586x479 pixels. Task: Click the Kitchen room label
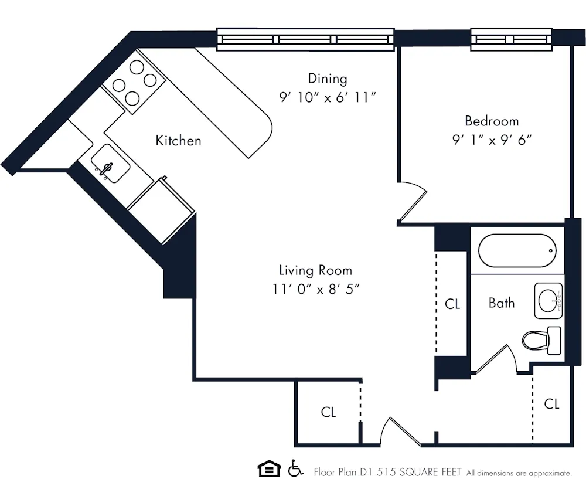[x=178, y=141]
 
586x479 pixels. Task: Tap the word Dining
[x=328, y=79]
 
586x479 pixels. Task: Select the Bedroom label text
[x=492, y=121]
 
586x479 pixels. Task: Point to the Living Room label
[x=315, y=270]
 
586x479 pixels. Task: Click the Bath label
[x=502, y=303]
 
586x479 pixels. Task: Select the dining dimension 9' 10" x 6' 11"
[x=328, y=97]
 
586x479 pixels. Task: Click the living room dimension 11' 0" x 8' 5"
[x=315, y=288]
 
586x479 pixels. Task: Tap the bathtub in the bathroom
[x=516, y=250]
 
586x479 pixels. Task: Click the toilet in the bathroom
[x=540, y=340]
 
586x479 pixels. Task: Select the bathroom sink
[x=548, y=300]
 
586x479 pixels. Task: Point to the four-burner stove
[x=134, y=83]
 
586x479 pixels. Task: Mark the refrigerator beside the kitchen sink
[x=160, y=202]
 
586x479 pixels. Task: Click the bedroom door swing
[x=414, y=202]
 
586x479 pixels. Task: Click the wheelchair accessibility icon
[x=296, y=468]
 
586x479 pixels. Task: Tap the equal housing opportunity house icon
[x=269, y=468]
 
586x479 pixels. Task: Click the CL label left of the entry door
[x=329, y=412]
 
